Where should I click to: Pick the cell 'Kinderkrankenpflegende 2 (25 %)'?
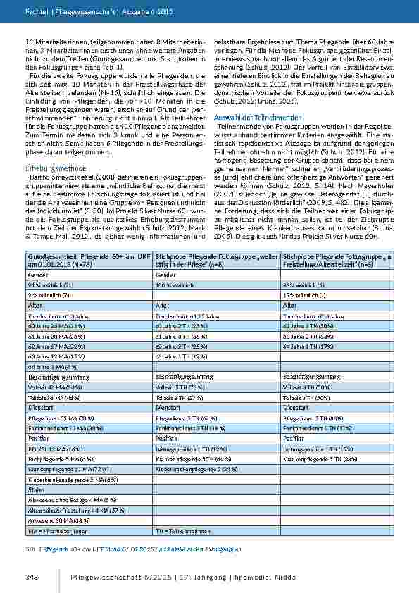[x=191, y=469]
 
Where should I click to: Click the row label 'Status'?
[x=35, y=489]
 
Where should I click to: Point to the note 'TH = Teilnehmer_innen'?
[x=184, y=530]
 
